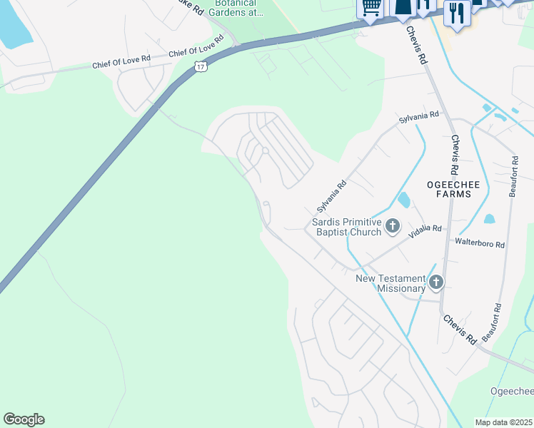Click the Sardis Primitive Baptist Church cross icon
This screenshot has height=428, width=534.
(393, 227)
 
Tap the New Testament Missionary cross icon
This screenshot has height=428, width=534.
(435, 283)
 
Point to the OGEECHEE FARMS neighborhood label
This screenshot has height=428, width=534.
(449, 189)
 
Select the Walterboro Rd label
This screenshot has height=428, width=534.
(480, 243)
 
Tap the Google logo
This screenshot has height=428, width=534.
(24, 419)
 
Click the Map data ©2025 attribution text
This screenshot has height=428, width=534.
(504, 422)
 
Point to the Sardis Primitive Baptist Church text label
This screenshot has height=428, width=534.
(346, 227)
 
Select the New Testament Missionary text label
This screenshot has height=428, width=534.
(391, 283)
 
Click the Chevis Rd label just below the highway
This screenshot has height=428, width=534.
(417, 47)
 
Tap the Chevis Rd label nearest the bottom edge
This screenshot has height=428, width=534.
(459, 330)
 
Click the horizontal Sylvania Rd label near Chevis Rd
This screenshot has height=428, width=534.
(420, 116)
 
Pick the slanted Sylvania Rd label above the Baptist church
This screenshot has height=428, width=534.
(331, 196)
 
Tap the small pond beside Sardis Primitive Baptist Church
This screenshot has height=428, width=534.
(403, 200)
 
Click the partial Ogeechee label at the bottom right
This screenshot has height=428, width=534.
(512, 391)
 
